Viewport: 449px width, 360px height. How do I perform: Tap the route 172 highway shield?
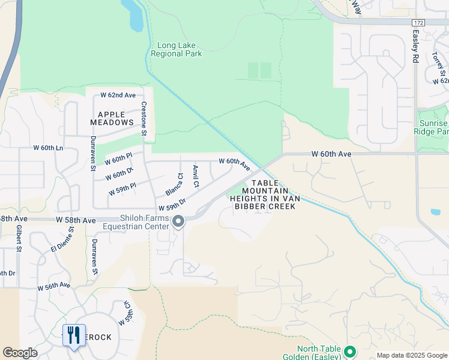418,22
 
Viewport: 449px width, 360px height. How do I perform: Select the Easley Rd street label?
415,47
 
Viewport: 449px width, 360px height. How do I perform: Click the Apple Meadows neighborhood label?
112,118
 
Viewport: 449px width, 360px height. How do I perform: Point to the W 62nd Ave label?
118,95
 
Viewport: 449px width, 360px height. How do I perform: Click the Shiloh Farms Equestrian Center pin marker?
178,222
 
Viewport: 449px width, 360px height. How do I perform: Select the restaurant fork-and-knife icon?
74,334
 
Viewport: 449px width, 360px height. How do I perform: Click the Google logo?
20,353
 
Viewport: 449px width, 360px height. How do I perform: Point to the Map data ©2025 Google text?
411,355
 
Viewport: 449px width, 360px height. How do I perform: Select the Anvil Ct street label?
195,176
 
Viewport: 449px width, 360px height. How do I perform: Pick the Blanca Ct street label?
175,185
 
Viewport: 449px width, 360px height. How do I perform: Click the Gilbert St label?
19,239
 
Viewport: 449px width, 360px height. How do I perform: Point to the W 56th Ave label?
53,287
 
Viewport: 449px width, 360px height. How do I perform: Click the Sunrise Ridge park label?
433,127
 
